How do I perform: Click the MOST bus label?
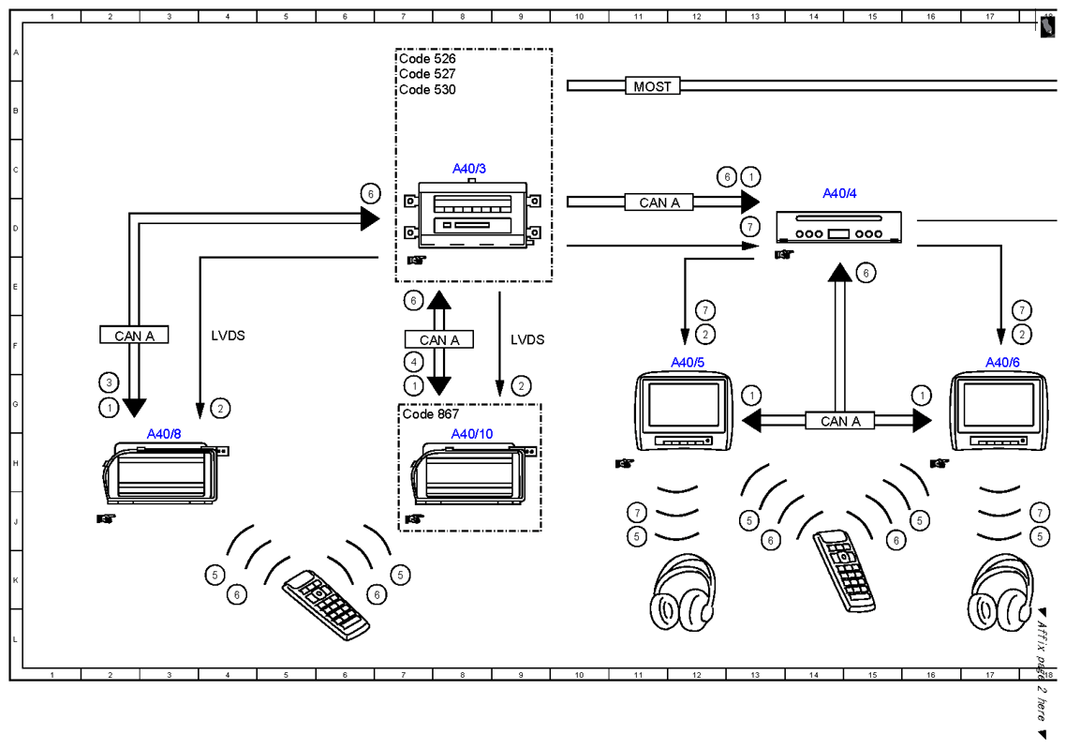[652, 86]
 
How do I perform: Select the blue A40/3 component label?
[469, 169]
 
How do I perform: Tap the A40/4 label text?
[839, 193]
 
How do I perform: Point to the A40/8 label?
[164, 434]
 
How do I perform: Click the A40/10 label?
[472, 434]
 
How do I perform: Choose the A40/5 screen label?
[688, 363]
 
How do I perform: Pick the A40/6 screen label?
[1003, 363]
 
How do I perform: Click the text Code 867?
[430, 414]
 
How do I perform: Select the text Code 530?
[427, 90]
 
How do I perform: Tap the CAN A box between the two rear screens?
[840, 421]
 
